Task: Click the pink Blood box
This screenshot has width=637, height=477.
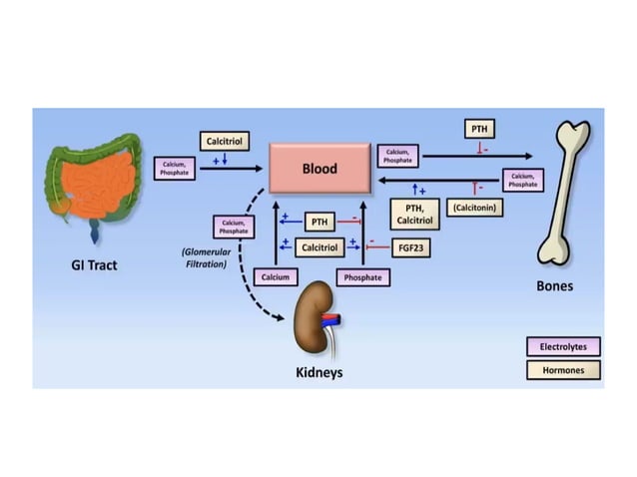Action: [x=319, y=169]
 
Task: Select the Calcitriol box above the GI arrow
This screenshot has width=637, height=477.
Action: [x=222, y=142]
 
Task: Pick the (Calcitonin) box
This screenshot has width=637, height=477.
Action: [x=475, y=208]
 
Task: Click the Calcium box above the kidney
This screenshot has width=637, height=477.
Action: [x=276, y=276]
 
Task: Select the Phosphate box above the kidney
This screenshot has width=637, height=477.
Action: [x=361, y=276]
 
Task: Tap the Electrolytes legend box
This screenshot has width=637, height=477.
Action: [x=563, y=346]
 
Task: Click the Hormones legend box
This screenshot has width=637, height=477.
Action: [x=563, y=370]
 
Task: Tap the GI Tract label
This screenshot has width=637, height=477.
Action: [x=98, y=266]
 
